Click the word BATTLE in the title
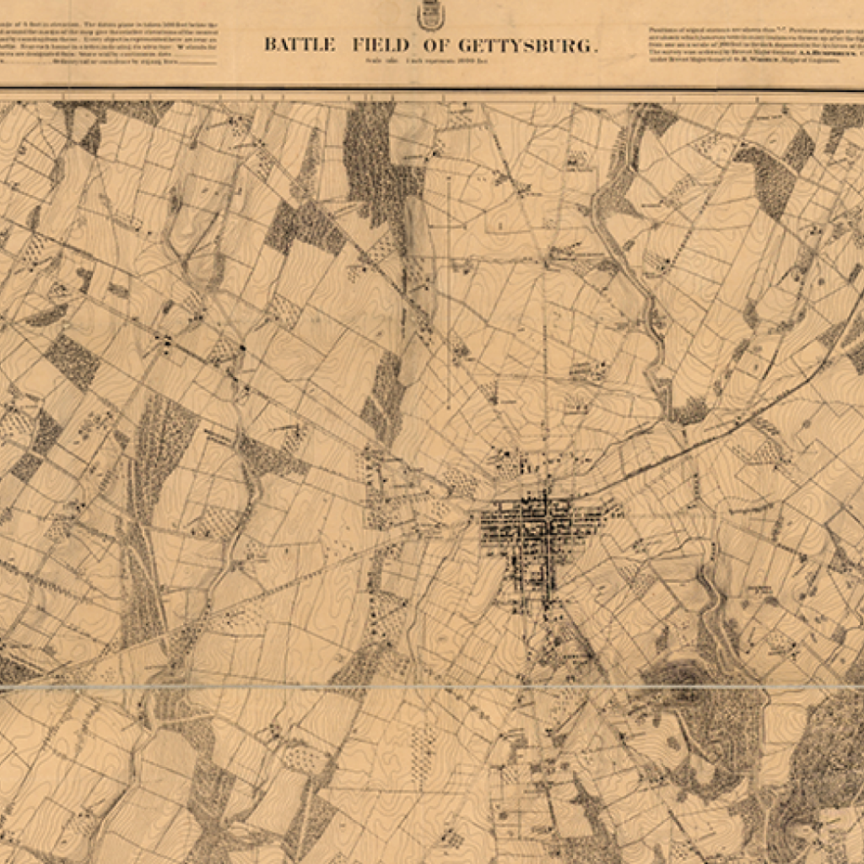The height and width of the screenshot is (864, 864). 300,45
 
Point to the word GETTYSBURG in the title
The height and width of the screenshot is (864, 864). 526,46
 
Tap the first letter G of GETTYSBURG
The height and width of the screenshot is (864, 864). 464,46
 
